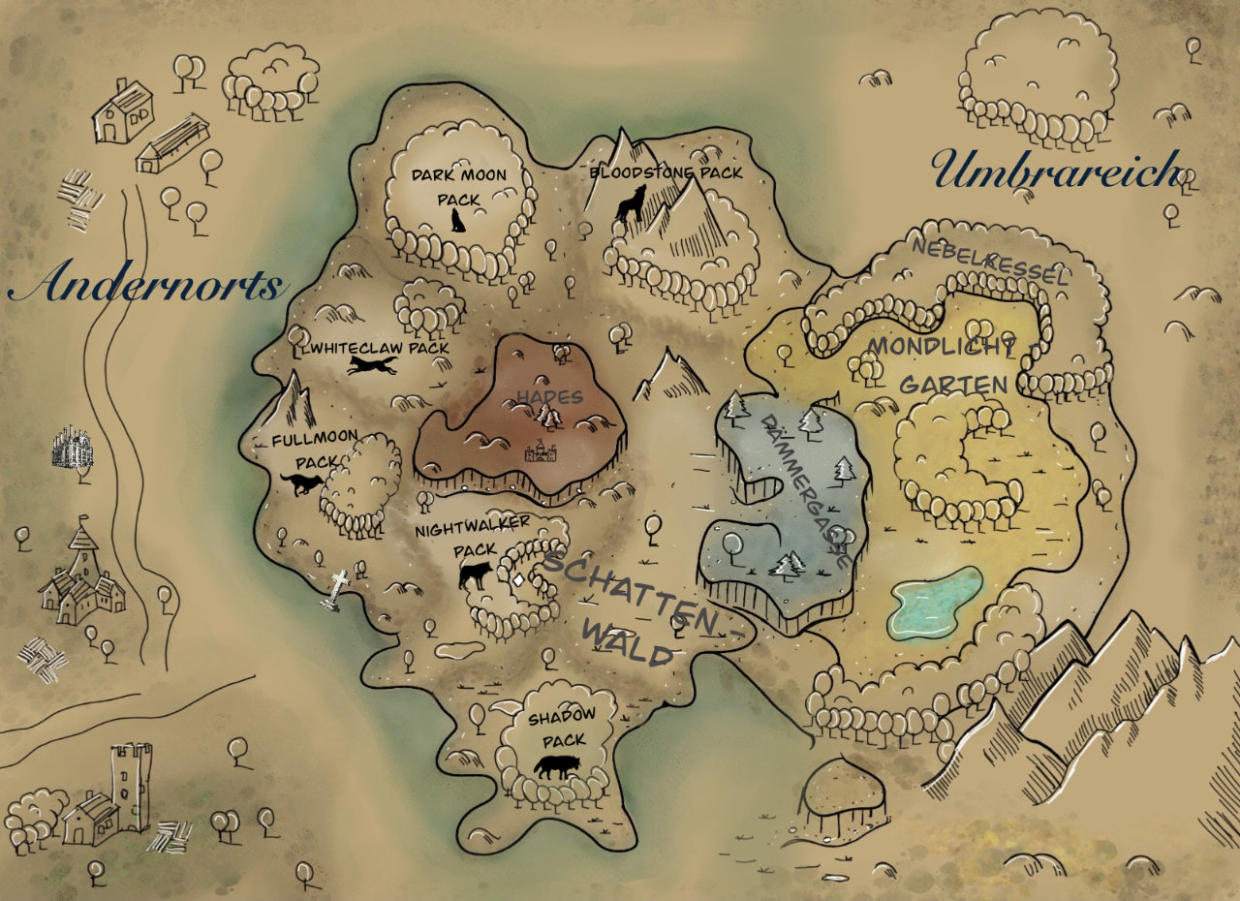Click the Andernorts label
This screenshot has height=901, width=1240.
click(x=148, y=284)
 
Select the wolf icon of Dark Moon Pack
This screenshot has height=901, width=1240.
click(x=458, y=220)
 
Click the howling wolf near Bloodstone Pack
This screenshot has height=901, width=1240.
click(x=631, y=202)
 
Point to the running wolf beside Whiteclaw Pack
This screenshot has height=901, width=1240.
click(x=373, y=365)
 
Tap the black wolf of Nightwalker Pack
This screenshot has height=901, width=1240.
click(x=476, y=576)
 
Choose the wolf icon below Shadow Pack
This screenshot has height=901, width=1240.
click(x=559, y=767)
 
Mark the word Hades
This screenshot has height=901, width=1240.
click(x=549, y=397)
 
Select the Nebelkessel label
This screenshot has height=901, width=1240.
click(x=989, y=262)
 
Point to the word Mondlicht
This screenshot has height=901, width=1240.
click(x=942, y=346)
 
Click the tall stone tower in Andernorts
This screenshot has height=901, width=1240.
click(x=130, y=787)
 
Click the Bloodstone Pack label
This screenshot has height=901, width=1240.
click(x=666, y=172)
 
